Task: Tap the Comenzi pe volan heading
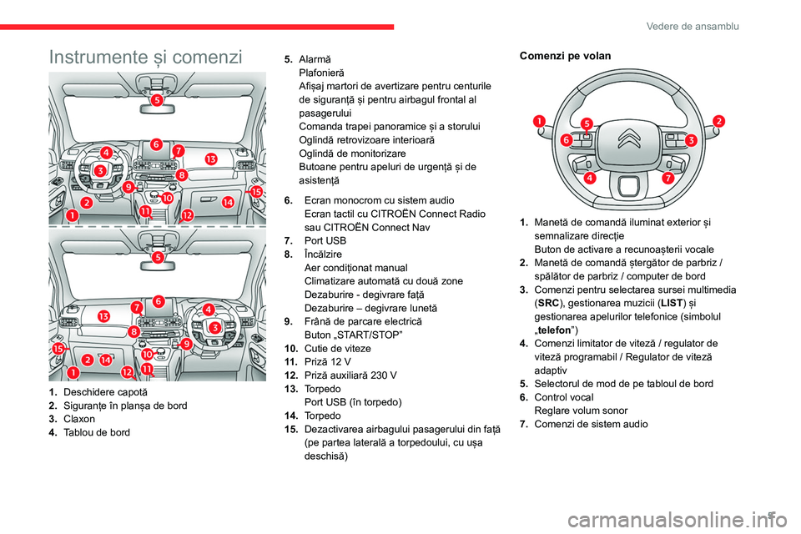[x=565, y=56]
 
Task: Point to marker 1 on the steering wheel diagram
[x=540, y=121]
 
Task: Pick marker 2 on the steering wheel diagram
[x=718, y=121]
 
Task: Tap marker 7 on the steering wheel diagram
[x=667, y=179]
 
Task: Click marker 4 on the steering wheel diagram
[x=590, y=179]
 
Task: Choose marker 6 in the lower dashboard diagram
[x=158, y=301]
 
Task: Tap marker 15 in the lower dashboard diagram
[x=58, y=349]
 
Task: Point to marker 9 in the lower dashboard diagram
[x=187, y=342]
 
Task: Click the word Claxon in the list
[x=79, y=418]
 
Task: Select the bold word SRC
[x=548, y=303]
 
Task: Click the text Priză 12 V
[x=329, y=360]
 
